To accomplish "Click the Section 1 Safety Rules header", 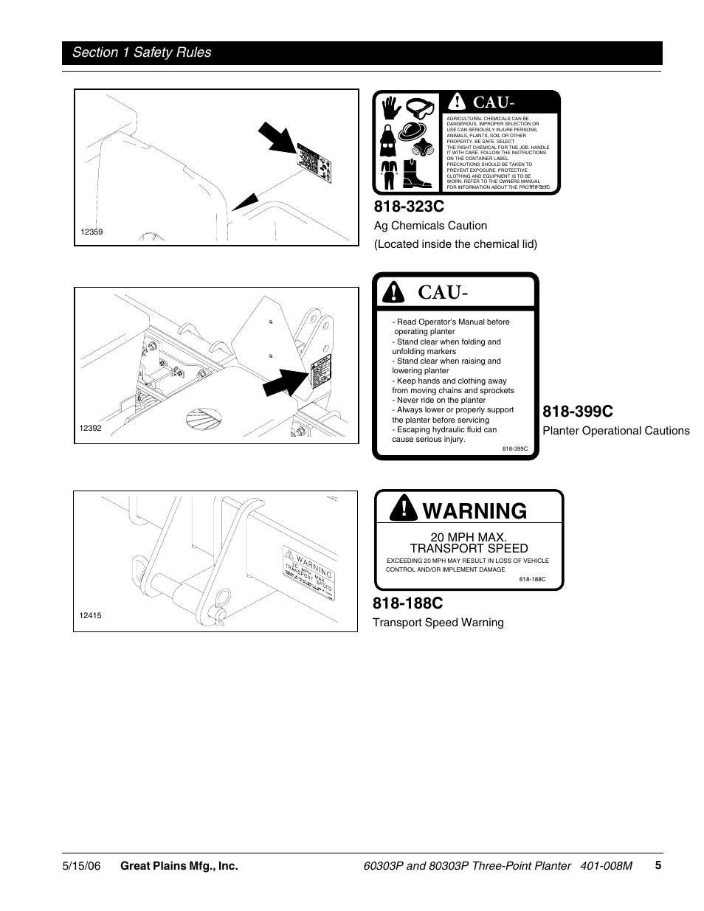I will coord(141,52).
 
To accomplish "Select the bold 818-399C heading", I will coord(578,412).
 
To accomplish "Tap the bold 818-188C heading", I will coord(409,603).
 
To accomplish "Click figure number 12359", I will coord(92,232).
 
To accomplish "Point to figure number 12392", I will coord(90,428).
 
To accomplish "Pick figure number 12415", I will coord(90,615).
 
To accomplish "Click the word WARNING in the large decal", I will coord(476,510).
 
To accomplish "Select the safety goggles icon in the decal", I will coord(421,108).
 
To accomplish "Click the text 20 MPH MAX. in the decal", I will coord(469,537).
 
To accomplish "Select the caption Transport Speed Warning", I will coord(438,623).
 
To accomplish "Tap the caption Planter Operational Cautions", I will coord(615,431).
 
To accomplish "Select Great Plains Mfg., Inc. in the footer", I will coord(179,866).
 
